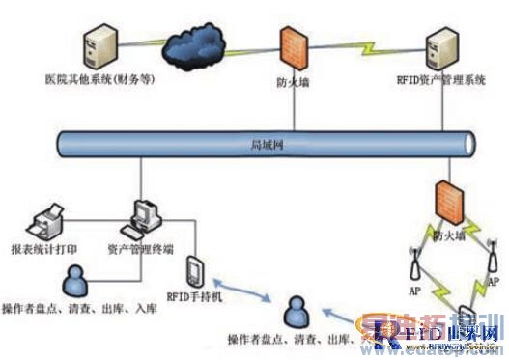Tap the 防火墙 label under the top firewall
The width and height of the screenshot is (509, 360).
(x=294, y=83)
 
